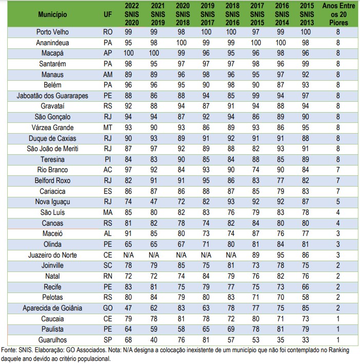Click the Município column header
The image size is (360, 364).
point(52,15)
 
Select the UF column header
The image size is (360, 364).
point(107,15)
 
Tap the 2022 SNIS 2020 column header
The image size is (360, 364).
point(131,14)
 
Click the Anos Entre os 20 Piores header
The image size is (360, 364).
point(338,14)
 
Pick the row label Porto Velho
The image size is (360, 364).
point(52,32)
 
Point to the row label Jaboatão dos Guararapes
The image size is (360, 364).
point(52,96)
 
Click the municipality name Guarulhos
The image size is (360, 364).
point(52,340)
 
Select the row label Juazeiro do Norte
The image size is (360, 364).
point(52,255)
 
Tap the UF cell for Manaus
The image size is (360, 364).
point(107,75)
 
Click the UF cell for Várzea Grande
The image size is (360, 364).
point(107,128)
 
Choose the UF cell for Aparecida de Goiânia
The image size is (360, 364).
point(107,308)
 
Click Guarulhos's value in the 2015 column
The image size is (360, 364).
point(306,340)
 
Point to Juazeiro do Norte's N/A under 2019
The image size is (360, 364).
point(205,255)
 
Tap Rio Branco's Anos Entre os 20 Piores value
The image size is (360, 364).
point(338,170)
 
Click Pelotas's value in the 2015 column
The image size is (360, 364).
point(306,298)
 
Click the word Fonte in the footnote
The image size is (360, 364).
point(9,350)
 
